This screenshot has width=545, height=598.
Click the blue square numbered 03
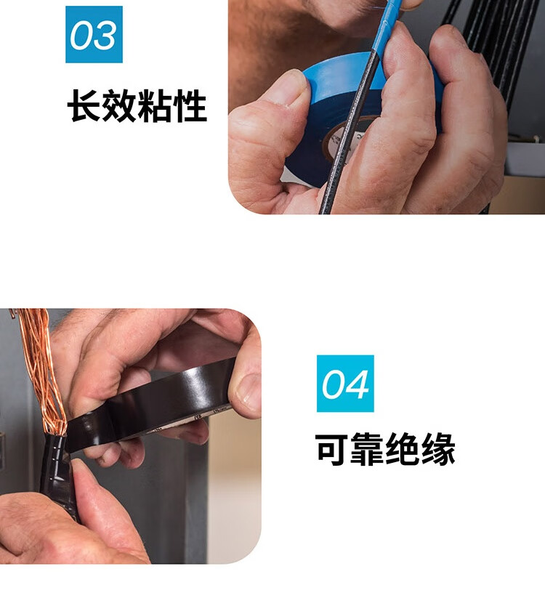click(x=94, y=34)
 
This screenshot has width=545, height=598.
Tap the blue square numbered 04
click(x=345, y=383)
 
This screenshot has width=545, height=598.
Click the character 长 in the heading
click(x=84, y=105)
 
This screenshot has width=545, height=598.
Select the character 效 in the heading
click(x=119, y=105)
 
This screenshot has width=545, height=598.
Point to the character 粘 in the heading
click(x=155, y=105)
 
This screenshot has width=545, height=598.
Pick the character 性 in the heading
click(x=190, y=105)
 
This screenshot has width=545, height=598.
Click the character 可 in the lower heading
click(x=332, y=449)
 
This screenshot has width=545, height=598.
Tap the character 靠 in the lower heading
click(x=367, y=449)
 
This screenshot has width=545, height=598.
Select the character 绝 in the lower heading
click(x=403, y=449)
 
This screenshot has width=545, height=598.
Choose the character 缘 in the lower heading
click(x=438, y=449)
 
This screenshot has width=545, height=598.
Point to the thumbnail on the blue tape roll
click(x=290, y=86)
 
